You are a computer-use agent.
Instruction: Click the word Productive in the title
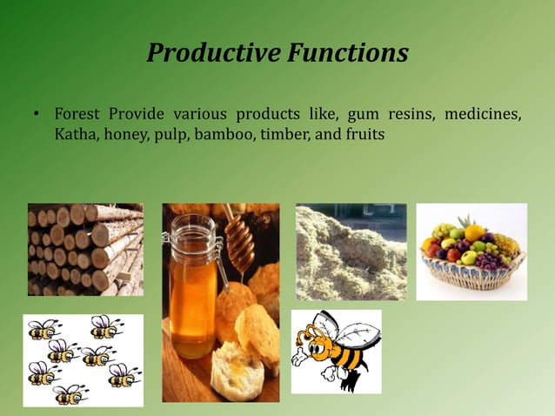[x=211, y=54]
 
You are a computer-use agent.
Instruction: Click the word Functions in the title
[x=345, y=54]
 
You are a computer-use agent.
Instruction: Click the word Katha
[x=76, y=135]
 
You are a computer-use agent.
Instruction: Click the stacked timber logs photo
[x=85, y=249]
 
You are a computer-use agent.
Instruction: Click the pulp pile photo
[x=351, y=252]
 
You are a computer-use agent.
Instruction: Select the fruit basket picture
[x=471, y=252]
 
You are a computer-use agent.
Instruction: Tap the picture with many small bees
[x=83, y=360]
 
